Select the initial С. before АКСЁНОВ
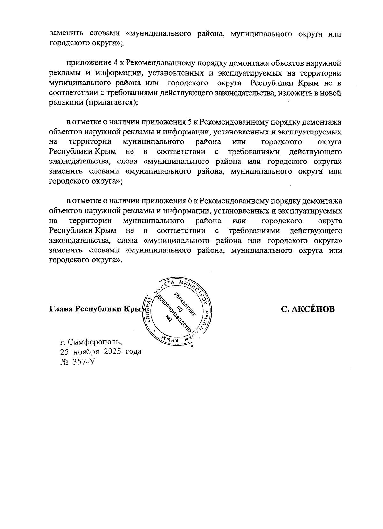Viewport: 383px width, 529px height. click(285, 309)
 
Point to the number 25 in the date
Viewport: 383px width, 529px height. click(64, 352)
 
